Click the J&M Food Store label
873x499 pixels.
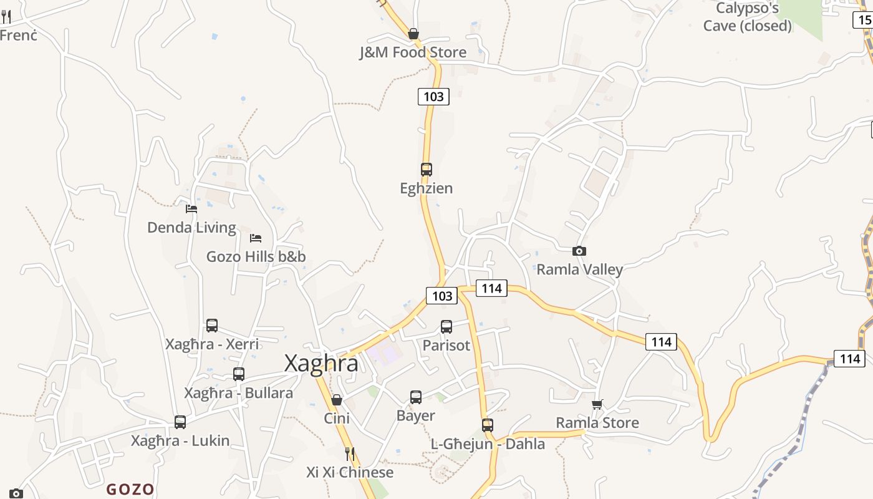pos(413,52)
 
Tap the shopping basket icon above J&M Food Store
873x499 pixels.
pos(413,34)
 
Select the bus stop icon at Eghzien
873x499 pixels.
pos(427,169)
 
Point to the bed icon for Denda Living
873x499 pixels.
pos(191,209)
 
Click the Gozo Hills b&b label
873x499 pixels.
pos(256,256)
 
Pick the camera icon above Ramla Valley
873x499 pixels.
pos(579,251)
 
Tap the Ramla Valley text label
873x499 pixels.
pos(579,269)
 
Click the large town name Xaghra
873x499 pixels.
pos(321,363)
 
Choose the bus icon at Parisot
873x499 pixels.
pos(446,326)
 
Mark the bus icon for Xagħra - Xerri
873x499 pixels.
pos(212,325)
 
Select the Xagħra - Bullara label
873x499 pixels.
pos(238,393)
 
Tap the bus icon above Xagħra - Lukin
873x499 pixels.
pos(180,422)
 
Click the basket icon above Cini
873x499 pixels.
pos(337,400)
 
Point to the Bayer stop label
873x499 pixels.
pos(415,415)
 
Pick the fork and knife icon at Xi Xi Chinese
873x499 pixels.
pos(350,453)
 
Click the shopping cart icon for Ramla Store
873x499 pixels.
pos(597,404)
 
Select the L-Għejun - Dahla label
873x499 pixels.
pos(488,444)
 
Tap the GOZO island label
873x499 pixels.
pos(130,489)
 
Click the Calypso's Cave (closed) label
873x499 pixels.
pos(747,17)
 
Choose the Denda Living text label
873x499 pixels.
pos(191,228)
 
